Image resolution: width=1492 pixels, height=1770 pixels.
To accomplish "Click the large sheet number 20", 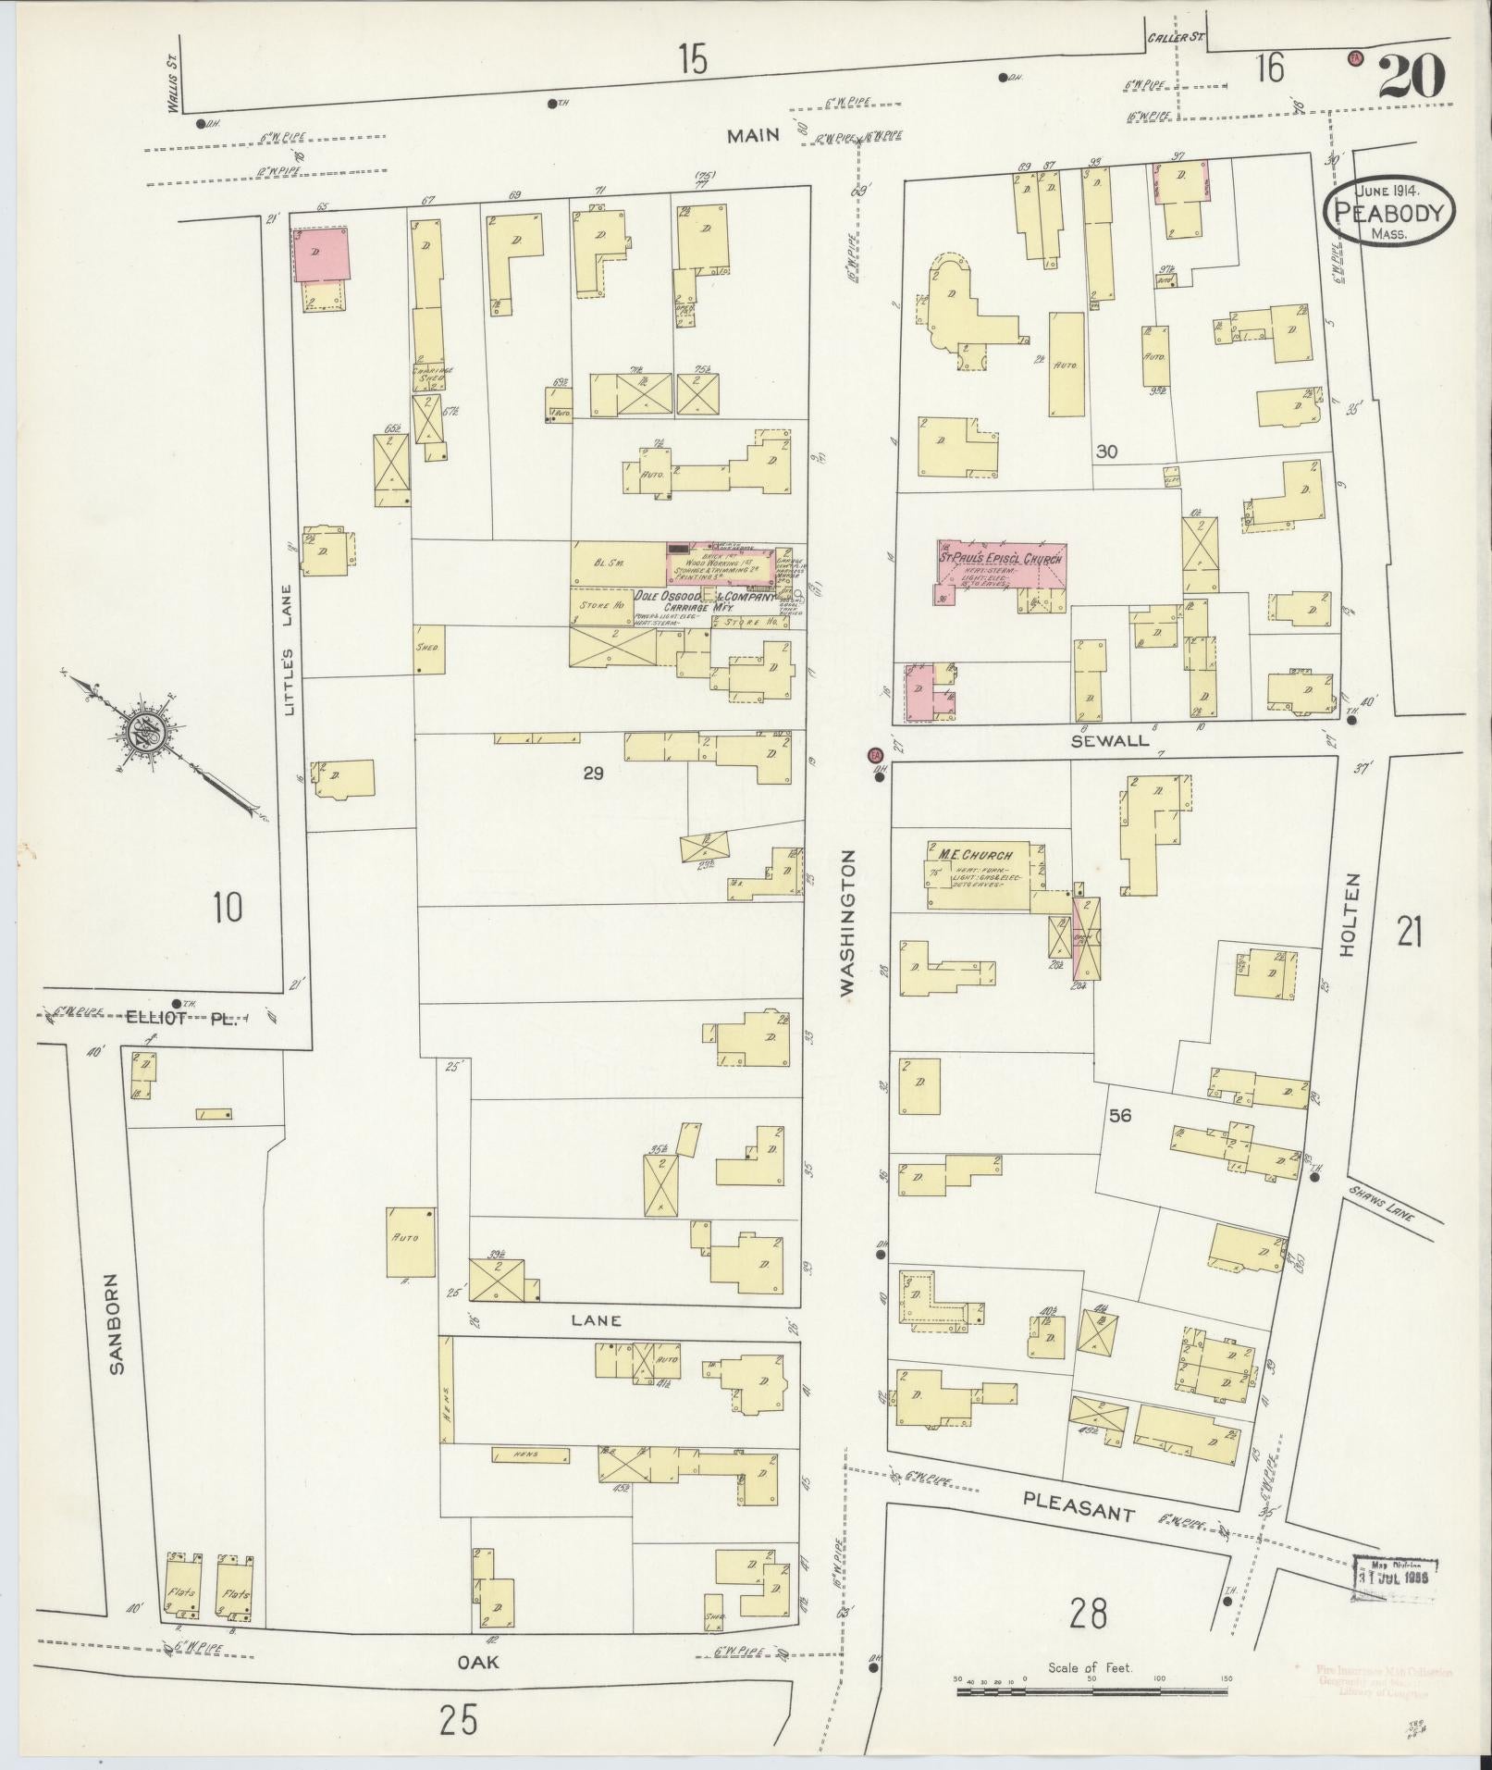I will pyautogui.click(x=1411, y=77).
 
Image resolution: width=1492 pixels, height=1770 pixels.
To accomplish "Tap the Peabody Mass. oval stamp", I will pyautogui.click(x=1388, y=212).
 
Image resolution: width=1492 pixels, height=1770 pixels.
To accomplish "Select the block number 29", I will pyautogui.click(x=593, y=773).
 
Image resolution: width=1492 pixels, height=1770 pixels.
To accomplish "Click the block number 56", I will pyautogui.click(x=1119, y=1116).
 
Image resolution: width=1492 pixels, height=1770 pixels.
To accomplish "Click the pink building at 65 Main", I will pyautogui.click(x=322, y=255).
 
